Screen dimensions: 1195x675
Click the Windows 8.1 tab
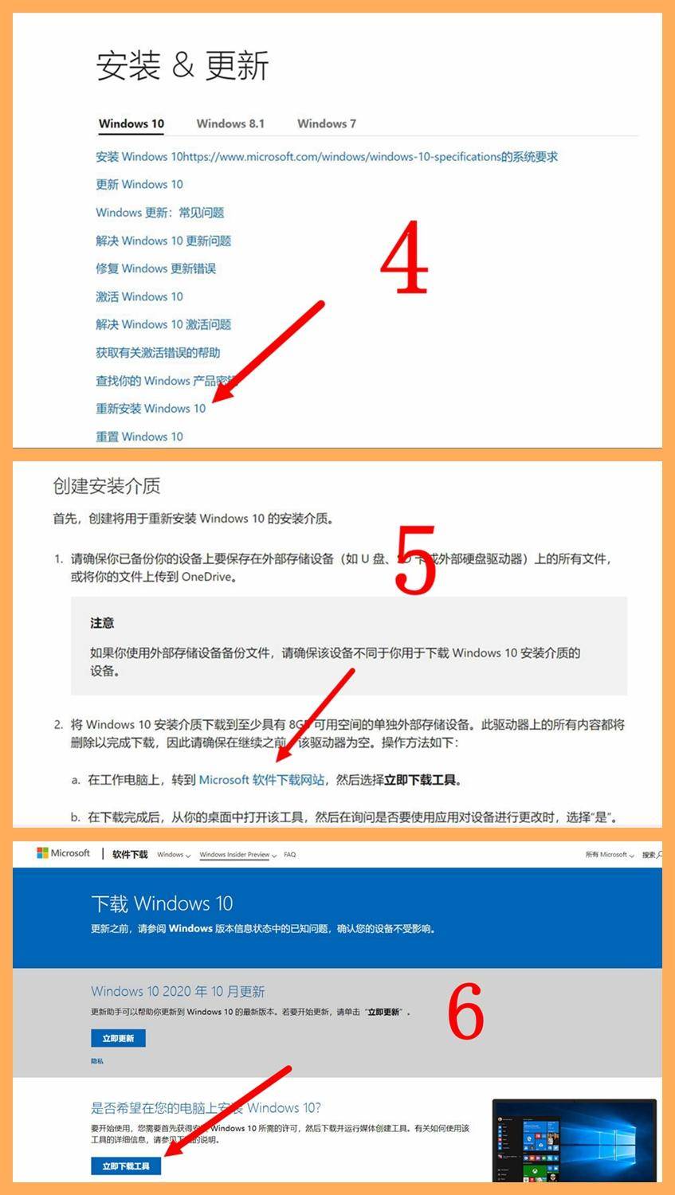coord(230,123)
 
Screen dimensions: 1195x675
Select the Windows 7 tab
coord(326,123)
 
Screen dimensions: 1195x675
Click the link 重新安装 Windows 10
coord(151,409)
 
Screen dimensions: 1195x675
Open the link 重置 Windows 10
coord(139,437)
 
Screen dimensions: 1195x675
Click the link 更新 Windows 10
coord(139,184)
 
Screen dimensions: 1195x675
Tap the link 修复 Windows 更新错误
coord(155,268)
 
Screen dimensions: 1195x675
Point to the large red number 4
coord(404,256)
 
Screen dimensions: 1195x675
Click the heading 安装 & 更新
coord(182,65)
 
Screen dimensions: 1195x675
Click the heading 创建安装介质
coord(107,485)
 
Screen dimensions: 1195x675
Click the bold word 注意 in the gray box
coord(102,623)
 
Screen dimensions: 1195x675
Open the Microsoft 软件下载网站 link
coord(261,780)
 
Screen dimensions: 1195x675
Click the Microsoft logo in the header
coord(64,853)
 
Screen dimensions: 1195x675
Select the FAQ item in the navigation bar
coord(290,855)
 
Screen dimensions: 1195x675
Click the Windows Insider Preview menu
coord(237,855)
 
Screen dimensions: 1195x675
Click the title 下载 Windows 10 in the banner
coord(162,903)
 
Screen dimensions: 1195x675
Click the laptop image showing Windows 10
coord(574,1139)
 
